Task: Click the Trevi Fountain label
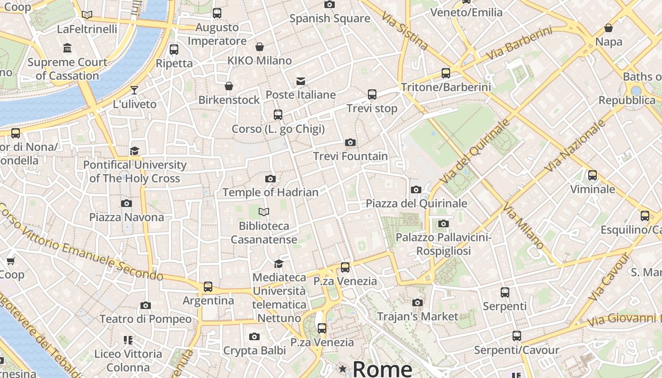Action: [350, 156]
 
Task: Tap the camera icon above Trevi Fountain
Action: [350, 142]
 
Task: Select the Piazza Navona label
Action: [127, 217]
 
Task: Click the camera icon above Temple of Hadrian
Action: [270, 179]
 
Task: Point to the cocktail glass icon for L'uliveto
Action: [135, 90]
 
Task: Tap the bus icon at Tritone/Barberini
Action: [446, 73]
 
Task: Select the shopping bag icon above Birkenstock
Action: [229, 86]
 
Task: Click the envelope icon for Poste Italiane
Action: [301, 81]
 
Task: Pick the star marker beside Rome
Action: [342, 368]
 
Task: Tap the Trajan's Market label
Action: [418, 316]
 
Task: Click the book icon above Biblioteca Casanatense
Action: [264, 212]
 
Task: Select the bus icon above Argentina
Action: [208, 286]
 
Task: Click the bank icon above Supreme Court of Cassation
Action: [67, 48]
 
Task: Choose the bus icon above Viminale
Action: [592, 175]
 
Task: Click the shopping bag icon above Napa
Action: [609, 28]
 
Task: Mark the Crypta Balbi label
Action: [254, 351]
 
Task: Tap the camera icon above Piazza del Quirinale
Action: [416, 190]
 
